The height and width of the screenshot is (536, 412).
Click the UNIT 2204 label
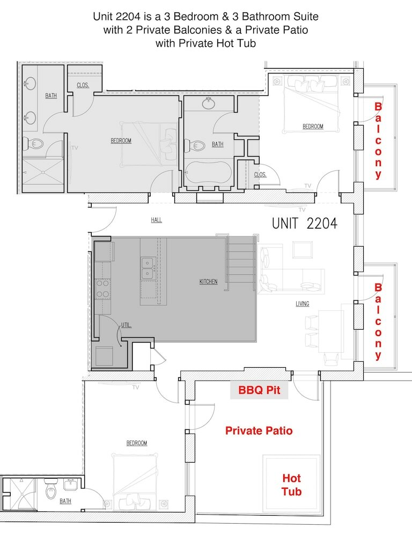tap(305, 224)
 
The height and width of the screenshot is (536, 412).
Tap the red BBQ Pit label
tap(259, 390)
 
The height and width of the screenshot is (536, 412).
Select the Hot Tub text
tap(291, 485)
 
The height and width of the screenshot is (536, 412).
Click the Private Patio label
tap(259, 430)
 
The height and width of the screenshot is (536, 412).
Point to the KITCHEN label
tap(208, 282)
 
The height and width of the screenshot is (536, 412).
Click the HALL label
tap(157, 220)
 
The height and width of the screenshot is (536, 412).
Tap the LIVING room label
tap(303, 303)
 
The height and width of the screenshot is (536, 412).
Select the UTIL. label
tap(126, 325)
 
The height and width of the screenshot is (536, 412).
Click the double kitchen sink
tap(148, 269)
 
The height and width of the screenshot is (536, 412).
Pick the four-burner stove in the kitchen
tap(102, 289)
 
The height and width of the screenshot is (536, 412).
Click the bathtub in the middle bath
tap(209, 173)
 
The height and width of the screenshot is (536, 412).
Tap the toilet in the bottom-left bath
tap(50, 489)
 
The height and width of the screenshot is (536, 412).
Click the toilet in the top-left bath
tap(32, 144)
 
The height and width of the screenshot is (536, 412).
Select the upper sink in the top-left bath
tap(30, 83)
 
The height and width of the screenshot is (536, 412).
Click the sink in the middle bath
tap(208, 103)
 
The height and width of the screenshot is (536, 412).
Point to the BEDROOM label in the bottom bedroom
tap(137, 443)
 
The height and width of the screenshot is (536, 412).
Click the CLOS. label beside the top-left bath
tap(83, 85)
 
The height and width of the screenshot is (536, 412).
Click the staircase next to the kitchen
tap(240, 263)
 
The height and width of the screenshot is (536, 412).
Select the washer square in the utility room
tap(105, 356)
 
